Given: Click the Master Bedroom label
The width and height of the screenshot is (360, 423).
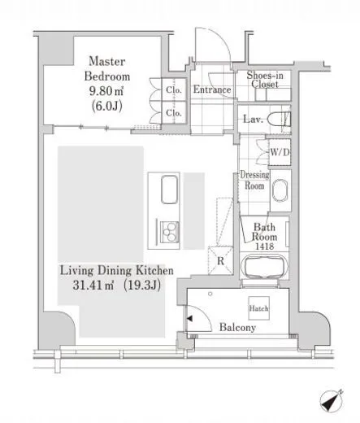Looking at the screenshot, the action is tap(107, 68).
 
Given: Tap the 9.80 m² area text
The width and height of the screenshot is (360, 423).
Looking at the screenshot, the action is tap(106, 91).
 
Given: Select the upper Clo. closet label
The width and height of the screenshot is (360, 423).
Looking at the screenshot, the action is tap(174, 89).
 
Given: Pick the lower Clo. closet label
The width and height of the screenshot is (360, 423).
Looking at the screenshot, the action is tap(174, 113).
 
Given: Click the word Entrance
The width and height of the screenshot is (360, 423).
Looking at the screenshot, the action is tap(212, 89).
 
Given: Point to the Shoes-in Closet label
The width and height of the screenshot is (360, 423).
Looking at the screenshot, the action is tap(265, 80).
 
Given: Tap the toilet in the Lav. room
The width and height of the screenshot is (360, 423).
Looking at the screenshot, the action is tap(279, 119).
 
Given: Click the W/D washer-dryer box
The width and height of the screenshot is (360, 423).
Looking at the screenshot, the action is tap(280, 152).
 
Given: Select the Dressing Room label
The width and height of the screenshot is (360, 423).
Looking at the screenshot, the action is tap(254, 180).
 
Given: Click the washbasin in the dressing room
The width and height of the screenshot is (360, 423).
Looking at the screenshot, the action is tap(280, 190).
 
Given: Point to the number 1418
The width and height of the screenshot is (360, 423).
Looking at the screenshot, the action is tap(265, 246).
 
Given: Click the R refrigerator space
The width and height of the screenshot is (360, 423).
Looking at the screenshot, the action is tap(220, 260).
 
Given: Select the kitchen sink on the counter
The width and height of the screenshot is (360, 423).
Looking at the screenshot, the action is tap(170, 190).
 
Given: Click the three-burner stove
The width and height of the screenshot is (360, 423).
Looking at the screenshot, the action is tap(170, 232).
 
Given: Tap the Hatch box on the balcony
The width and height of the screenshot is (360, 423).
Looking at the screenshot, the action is tap(258, 308).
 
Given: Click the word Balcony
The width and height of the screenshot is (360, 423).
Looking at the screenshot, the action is tap(237, 327).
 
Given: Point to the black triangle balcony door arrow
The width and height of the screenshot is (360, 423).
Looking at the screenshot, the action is tap(189, 318).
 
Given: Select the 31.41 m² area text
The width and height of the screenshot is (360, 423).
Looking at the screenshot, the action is tap(93, 285).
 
